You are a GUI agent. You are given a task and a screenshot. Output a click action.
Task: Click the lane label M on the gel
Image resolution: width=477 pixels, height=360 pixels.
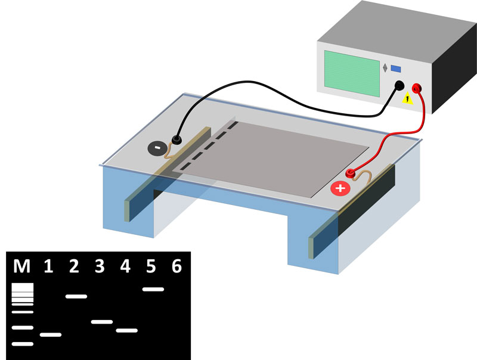22,266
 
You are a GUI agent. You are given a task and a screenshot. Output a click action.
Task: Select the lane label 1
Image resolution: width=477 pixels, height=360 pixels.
49,266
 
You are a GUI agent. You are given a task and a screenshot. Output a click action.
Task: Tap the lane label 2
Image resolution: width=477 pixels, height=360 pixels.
74,266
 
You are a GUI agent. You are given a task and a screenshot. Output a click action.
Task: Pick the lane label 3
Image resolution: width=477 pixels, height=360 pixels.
100,266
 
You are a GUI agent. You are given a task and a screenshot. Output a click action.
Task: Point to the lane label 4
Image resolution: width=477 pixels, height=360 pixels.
125,266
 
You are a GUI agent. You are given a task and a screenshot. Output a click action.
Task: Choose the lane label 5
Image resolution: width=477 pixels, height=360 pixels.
151,266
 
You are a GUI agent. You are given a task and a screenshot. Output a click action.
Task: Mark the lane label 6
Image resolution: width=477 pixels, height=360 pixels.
176,266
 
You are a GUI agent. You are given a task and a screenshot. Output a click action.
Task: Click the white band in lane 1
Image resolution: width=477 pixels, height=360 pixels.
51,335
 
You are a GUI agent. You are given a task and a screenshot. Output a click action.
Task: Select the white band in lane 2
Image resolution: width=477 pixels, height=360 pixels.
76,296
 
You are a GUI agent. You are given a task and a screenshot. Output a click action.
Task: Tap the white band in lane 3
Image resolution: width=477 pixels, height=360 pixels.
102,322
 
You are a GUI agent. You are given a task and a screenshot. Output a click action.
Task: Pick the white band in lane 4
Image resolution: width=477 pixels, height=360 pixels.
127,330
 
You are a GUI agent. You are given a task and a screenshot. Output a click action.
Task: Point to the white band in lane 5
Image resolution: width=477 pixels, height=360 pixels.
153,290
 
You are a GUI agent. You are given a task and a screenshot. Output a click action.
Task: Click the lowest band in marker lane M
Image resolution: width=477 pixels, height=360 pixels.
23,344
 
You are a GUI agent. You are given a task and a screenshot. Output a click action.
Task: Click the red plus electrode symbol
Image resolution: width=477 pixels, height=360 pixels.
340,189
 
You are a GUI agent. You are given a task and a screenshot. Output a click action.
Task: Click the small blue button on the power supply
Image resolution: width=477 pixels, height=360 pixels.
395,69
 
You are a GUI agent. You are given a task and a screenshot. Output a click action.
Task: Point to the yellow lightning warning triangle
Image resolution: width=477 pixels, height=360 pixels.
408,100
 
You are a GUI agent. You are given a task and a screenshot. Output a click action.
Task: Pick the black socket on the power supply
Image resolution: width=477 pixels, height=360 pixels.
398,87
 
